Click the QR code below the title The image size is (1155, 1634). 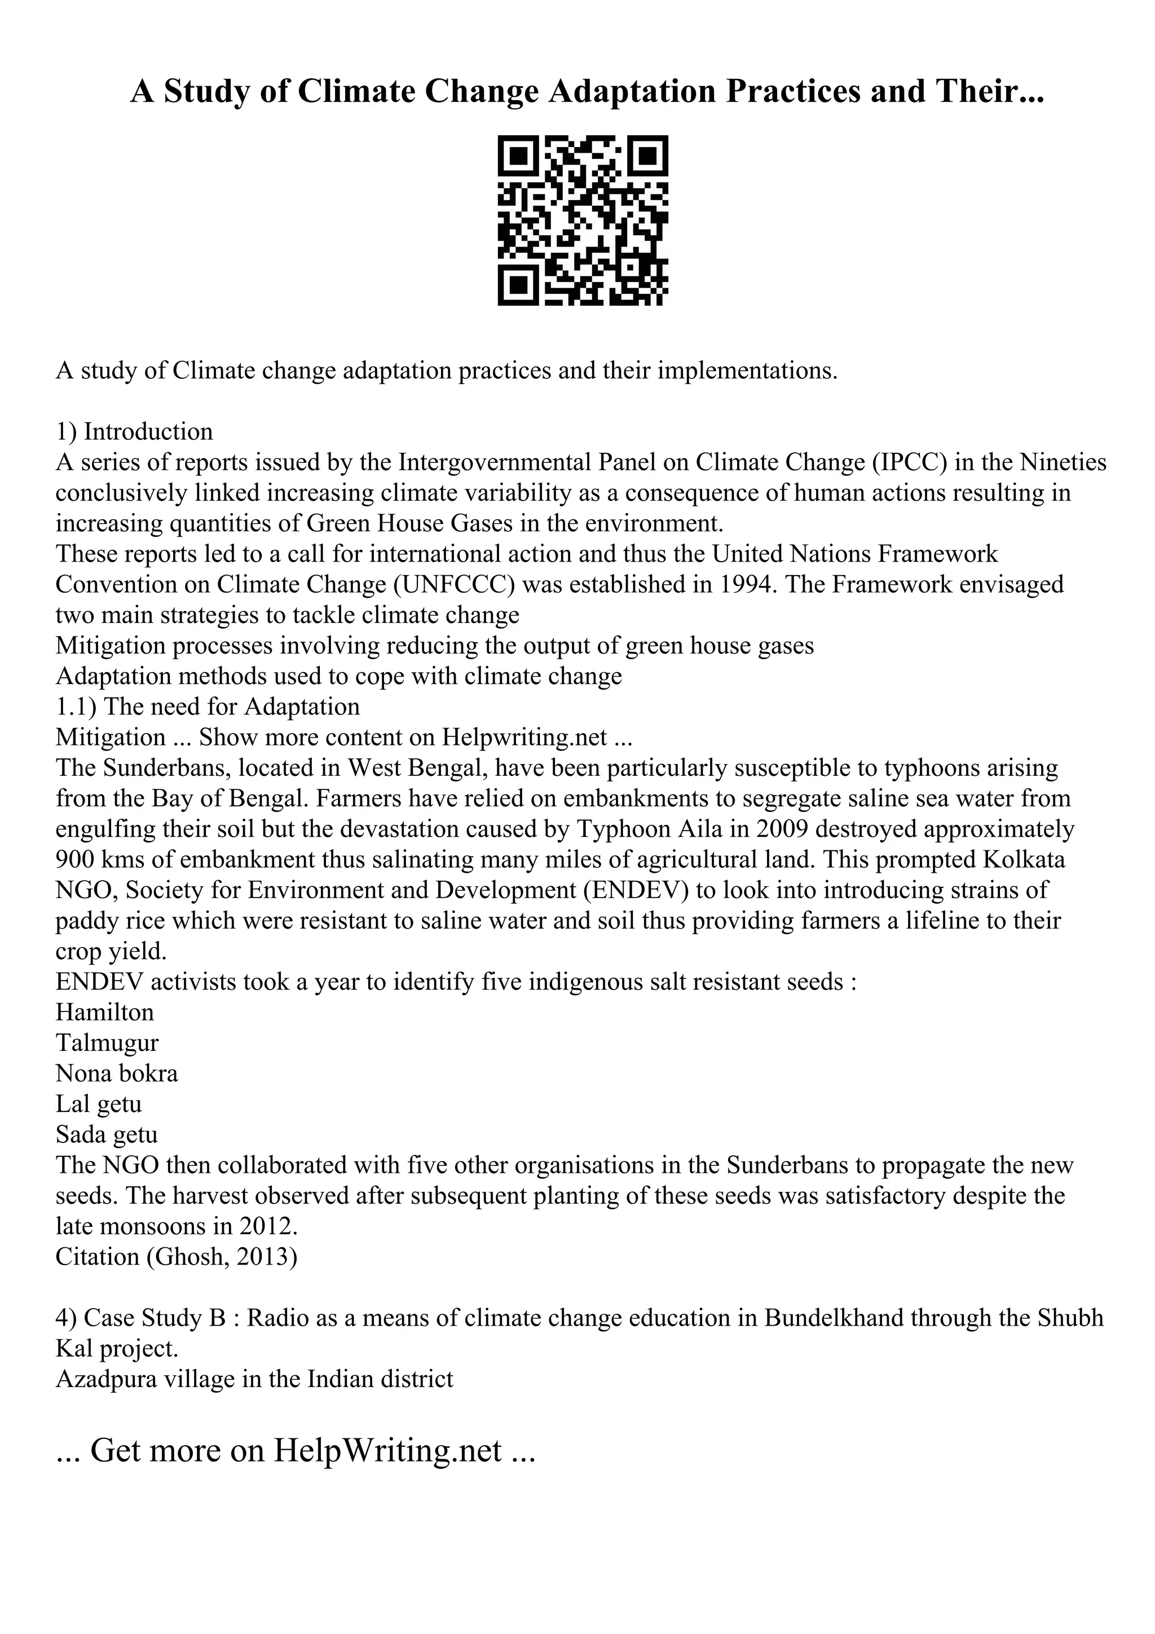point(582,220)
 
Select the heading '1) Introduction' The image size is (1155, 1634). point(134,431)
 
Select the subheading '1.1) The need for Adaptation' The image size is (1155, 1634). point(208,706)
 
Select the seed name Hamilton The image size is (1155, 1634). point(104,1013)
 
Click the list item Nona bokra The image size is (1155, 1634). point(117,1073)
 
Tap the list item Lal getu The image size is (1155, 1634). point(99,1104)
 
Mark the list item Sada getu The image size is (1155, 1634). point(107,1134)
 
